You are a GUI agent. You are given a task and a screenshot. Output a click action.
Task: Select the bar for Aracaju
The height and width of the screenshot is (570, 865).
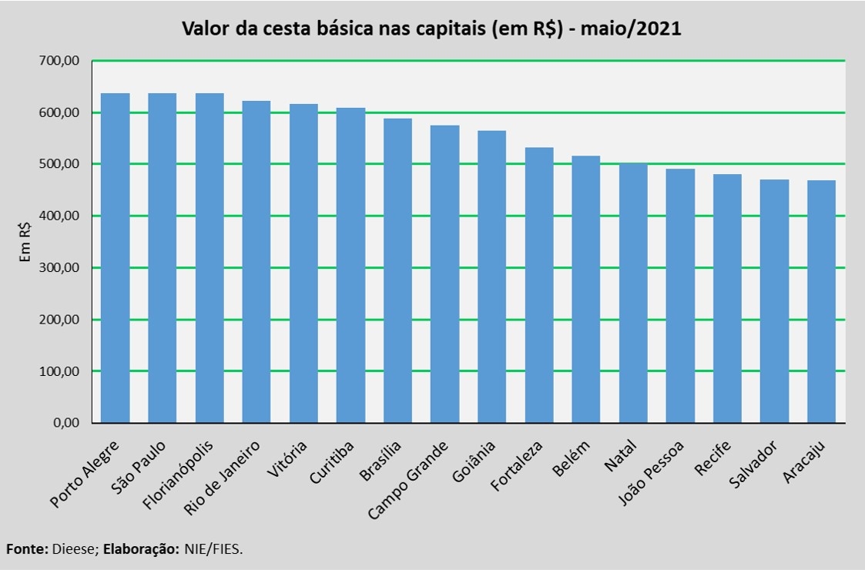coord(821,301)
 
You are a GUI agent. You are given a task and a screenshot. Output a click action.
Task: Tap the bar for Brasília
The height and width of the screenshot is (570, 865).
coord(397,270)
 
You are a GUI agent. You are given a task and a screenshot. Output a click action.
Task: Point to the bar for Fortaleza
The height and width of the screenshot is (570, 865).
coord(539,285)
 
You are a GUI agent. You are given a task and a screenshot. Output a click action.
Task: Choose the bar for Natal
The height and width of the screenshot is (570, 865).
coord(633,293)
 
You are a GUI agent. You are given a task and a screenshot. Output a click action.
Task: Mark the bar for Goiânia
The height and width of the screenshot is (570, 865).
coord(491,277)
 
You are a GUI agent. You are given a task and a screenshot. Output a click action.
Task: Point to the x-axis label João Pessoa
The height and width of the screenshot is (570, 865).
coord(652,474)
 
